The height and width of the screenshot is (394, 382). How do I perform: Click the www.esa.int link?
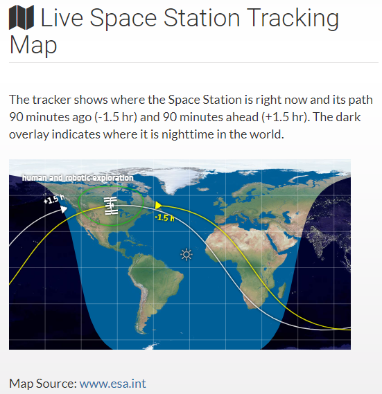click(112, 383)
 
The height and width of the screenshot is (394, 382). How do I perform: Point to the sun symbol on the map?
click(186, 254)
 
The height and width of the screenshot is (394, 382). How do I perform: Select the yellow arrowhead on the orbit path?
click(159, 205)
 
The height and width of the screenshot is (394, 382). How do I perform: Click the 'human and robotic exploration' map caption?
click(77, 178)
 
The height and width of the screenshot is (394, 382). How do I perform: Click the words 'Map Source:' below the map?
click(42, 383)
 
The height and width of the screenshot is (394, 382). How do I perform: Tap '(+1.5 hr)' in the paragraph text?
click(309, 116)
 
